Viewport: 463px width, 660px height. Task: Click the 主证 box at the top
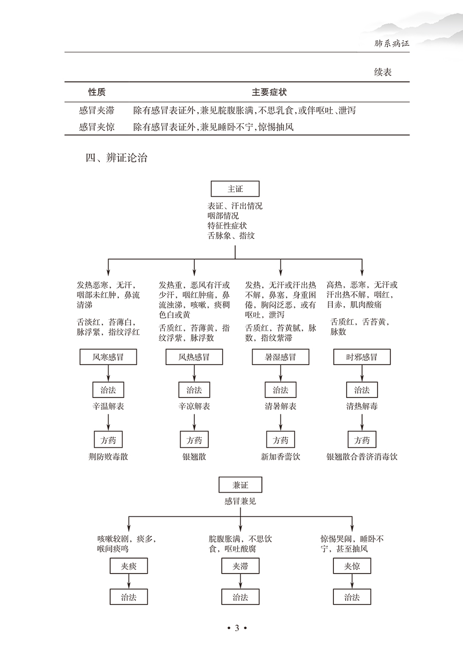pos(235,189)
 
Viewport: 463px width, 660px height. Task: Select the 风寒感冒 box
pos(108,357)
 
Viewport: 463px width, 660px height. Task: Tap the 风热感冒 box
pos(194,357)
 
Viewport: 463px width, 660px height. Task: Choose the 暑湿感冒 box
pos(280,357)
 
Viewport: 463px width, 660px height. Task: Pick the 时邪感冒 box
pos(362,357)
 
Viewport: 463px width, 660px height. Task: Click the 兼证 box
pos(240,485)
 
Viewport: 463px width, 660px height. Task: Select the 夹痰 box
pos(129,567)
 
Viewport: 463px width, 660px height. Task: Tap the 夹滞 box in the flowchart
pos(240,567)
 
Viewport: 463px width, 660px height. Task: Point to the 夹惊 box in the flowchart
pos(352,567)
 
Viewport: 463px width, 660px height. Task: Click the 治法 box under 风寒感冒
pos(108,390)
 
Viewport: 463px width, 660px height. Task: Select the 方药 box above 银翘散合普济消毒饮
pos(362,440)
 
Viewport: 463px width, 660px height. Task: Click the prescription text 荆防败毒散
pos(108,457)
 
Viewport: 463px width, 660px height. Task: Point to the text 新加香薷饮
pos(280,457)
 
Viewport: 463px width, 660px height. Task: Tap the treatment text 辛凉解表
pos(194,406)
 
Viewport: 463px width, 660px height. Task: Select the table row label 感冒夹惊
pos(97,127)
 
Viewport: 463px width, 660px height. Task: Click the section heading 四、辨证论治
pos(116,158)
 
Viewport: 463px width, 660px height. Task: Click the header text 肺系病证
pos(391,44)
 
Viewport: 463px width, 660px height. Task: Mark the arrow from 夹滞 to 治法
pos(240,582)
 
